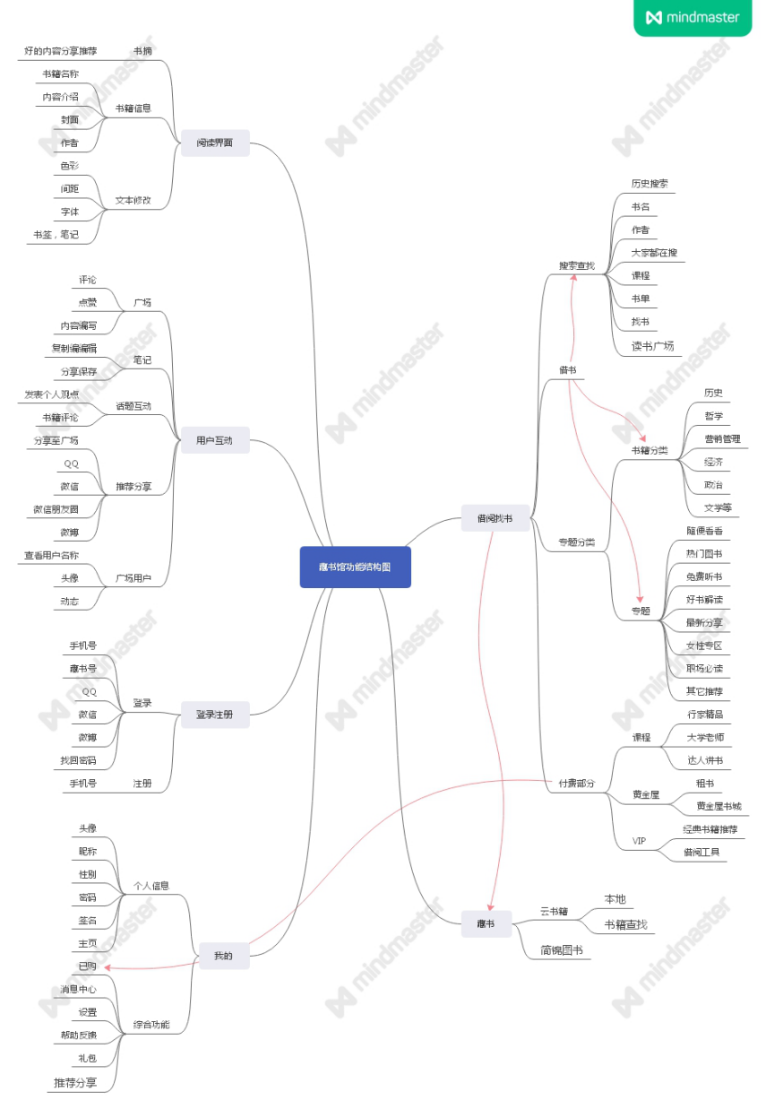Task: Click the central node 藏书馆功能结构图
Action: (355, 567)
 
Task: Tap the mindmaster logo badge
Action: (693, 17)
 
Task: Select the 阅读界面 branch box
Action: (215, 143)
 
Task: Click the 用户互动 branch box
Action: (215, 440)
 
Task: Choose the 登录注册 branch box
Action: (215, 715)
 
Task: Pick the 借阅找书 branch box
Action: (495, 518)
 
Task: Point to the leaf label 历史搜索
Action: (650, 184)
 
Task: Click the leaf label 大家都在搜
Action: (654, 253)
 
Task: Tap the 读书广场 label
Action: (652, 346)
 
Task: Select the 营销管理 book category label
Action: (722, 439)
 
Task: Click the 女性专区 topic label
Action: (704, 645)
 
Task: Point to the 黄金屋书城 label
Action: (719, 806)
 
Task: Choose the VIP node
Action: (639, 841)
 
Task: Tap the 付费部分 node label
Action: (576, 783)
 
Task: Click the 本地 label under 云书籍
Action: (615, 899)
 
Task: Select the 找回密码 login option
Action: (78, 760)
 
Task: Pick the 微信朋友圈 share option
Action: (56, 509)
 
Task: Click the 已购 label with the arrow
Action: (87, 966)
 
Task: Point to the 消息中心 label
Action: (79, 989)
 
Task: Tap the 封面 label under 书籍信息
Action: (70, 119)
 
